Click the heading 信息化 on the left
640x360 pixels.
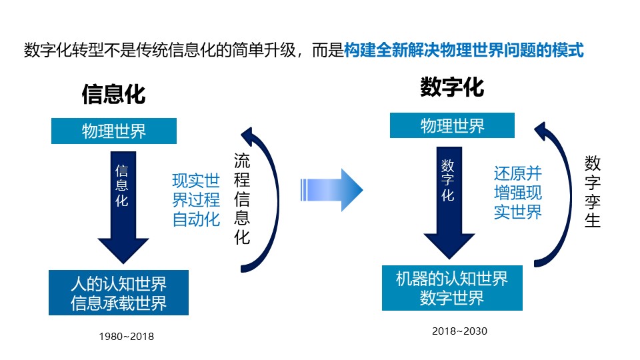tap(113, 94)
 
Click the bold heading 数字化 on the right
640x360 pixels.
tap(452, 87)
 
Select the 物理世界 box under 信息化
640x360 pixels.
tap(114, 131)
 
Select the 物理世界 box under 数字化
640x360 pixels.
tap(452, 125)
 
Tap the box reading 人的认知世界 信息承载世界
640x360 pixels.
tap(119, 293)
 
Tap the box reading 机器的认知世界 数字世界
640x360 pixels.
tap(452, 288)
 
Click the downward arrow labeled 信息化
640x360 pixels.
tap(123, 207)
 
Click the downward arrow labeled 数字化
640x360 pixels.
tap(449, 203)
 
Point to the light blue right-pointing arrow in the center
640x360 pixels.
tap(331, 190)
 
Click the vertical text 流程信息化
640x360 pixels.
tap(242, 199)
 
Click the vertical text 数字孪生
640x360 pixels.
tap(592, 192)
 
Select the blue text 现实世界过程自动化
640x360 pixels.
tap(196, 200)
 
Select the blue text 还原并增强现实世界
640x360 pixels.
tap(517, 193)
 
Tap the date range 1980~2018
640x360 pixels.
tap(127, 336)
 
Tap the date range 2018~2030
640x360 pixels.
tap(459, 331)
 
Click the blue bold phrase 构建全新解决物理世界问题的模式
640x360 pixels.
tap(464, 50)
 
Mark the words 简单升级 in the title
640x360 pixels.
tap(264, 50)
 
